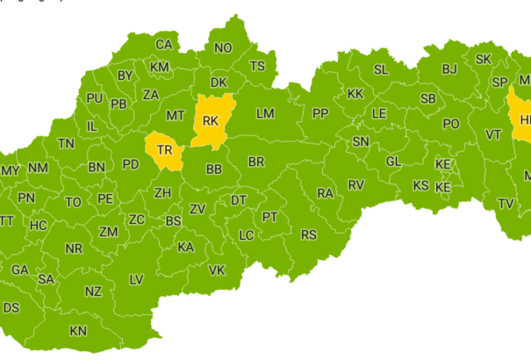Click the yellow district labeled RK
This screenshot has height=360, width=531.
click(x=210, y=120)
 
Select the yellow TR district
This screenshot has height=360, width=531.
click(x=164, y=150)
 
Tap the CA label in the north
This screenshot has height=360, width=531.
click(x=163, y=45)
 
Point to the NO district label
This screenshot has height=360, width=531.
click(x=223, y=47)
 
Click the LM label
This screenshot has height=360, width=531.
click(x=265, y=114)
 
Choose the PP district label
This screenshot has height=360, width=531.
click(x=319, y=113)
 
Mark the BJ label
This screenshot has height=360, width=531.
click(x=449, y=68)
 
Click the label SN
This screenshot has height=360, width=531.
click(x=361, y=141)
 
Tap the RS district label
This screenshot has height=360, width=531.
click(x=309, y=234)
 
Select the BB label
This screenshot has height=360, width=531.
click(x=213, y=169)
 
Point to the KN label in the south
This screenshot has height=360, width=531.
click(x=78, y=331)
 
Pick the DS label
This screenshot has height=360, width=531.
click(x=11, y=308)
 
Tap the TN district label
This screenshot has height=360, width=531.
click(x=66, y=143)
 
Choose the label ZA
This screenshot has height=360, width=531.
click(x=151, y=94)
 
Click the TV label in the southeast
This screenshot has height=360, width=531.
click(x=506, y=204)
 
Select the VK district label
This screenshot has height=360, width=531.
click(x=217, y=270)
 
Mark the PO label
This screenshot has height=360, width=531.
click(x=450, y=124)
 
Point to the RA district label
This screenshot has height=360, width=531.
click(x=326, y=193)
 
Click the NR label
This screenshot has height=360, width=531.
click(x=74, y=249)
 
